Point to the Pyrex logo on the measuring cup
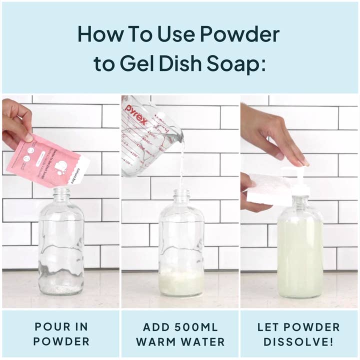136,114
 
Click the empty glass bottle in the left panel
61,245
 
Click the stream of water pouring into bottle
181,165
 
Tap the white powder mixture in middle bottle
181,282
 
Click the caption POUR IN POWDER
61,334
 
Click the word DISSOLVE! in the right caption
298,342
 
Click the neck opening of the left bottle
61,191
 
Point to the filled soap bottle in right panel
299,255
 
